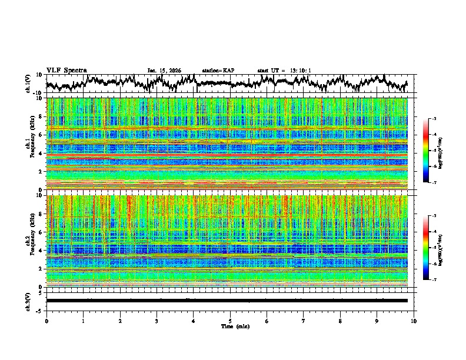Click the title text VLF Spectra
click(66, 70)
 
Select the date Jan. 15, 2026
click(164, 71)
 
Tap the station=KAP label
click(218, 71)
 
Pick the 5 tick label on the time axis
click(230, 321)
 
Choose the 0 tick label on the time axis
click(46, 321)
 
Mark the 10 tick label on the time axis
click(414, 321)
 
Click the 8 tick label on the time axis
click(340, 321)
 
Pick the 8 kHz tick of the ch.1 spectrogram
click(41, 116)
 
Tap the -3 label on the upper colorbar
click(434, 119)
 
